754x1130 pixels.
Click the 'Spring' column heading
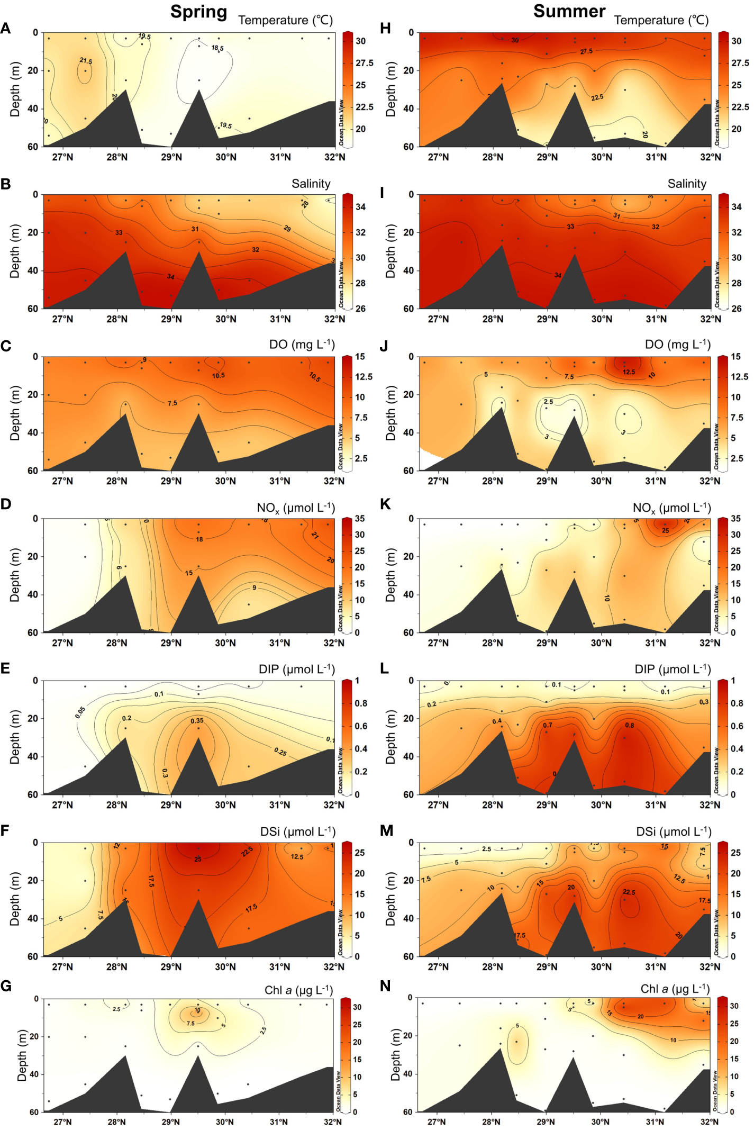tap(198, 12)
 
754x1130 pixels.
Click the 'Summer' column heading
tap(569, 11)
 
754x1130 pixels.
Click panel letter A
tap(6, 29)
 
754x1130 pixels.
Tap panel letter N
tap(385, 986)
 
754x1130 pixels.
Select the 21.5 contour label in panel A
tap(86, 61)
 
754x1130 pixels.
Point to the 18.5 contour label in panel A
tap(217, 48)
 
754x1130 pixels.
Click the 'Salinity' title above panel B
tap(311, 184)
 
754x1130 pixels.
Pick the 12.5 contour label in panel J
tap(629, 372)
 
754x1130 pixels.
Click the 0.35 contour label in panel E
tap(197, 720)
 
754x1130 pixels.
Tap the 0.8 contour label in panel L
tap(629, 725)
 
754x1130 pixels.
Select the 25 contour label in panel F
tap(197, 859)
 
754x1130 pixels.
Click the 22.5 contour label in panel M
tap(629, 892)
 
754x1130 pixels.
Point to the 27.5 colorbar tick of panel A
tap(364, 63)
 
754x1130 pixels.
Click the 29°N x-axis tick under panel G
tap(170, 1122)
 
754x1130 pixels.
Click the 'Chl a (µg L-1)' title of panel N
tap(675, 989)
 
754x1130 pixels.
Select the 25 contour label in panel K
tap(665, 530)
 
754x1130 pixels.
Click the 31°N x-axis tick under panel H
tap(656, 157)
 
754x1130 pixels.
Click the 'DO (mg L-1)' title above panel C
tap(302, 345)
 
